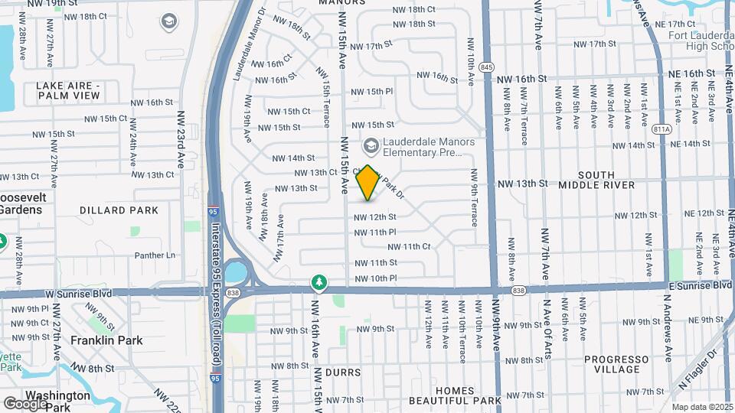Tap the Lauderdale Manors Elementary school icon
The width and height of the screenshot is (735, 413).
pyautogui.click(x=371, y=145)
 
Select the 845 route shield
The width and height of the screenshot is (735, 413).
pyautogui.click(x=487, y=67)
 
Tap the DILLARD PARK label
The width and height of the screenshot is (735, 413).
pyautogui.click(x=119, y=210)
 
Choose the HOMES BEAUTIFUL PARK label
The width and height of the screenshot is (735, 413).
pyautogui.click(x=454, y=395)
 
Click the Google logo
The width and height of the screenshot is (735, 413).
pyautogui.click(x=25, y=403)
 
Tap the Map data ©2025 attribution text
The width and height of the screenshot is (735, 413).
pyautogui.click(x=702, y=407)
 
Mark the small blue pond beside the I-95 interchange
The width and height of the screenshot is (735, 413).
pyautogui.click(x=237, y=272)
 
